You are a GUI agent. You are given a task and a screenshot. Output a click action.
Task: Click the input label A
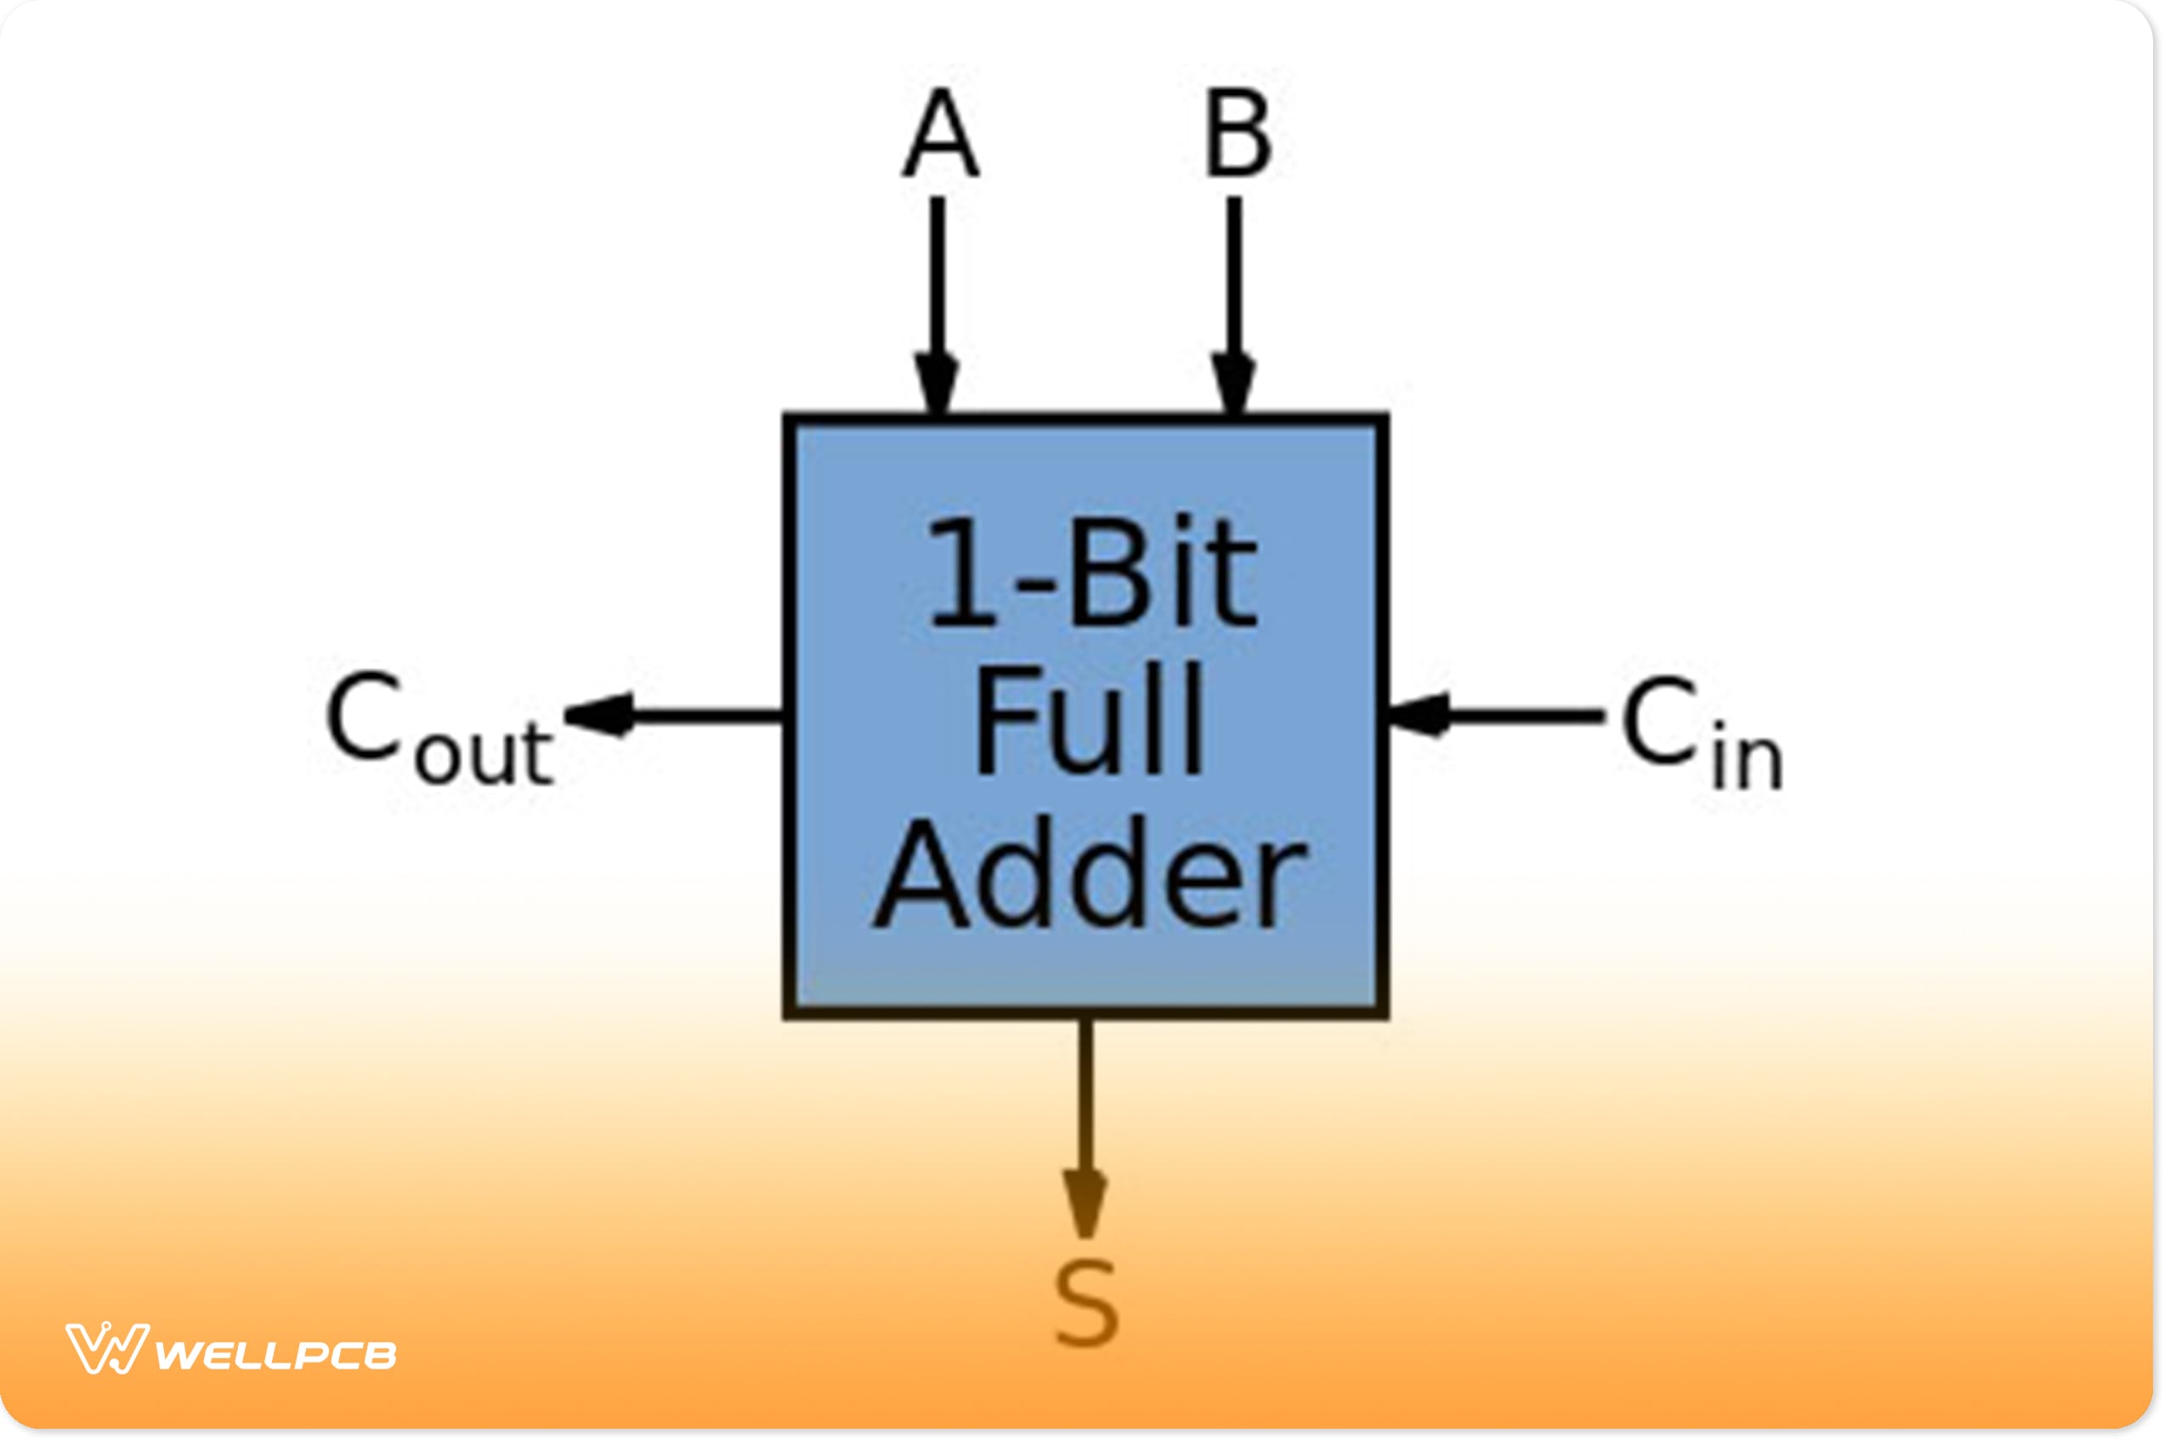click(x=941, y=134)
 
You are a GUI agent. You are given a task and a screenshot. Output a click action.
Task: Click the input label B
click(x=1238, y=134)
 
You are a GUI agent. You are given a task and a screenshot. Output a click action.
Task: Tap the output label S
click(x=1086, y=1305)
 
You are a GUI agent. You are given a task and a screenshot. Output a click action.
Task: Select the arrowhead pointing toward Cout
click(x=601, y=715)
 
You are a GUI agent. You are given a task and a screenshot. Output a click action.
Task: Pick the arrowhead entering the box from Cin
click(x=1420, y=715)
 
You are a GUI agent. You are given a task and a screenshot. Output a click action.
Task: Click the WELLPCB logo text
click(x=275, y=1356)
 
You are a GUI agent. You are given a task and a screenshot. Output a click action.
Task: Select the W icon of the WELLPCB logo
click(x=105, y=1349)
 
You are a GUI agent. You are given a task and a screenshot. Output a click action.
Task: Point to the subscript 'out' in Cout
click(x=483, y=753)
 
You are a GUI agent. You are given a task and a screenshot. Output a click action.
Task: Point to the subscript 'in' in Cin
click(x=1747, y=761)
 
